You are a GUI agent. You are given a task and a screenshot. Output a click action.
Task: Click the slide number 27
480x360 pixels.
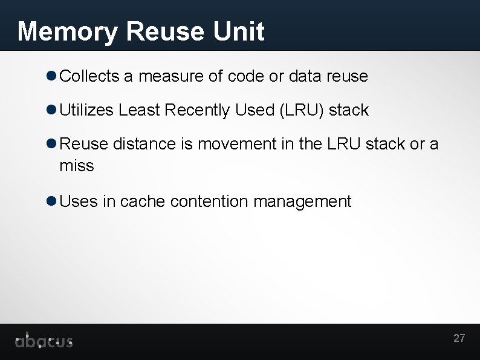pyautogui.click(x=459, y=338)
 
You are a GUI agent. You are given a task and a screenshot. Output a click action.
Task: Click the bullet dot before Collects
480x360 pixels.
pyautogui.click(x=51, y=76)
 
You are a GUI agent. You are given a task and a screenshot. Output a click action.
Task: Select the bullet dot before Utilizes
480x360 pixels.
pyautogui.click(x=51, y=110)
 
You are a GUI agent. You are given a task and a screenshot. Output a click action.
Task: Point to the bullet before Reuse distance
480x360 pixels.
pyautogui.click(x=51, y=144)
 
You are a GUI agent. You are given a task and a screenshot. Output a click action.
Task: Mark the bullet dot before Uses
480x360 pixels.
pyautogui.click(x=51, y=201)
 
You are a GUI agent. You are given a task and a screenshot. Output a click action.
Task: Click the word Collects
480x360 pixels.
pyautogui.click(x=90, y=76)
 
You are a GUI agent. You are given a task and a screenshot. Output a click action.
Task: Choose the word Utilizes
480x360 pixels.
pyautogui.click(x=86, y=110)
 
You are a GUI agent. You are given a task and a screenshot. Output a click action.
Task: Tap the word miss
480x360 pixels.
pyautogui.click(x=77, y=166)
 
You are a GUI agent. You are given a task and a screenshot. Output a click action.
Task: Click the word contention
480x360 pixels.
pyautogui.click(x=209, y=201)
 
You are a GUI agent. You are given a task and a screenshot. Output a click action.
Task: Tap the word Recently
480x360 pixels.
pyautogui.click(x=197, y=110)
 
